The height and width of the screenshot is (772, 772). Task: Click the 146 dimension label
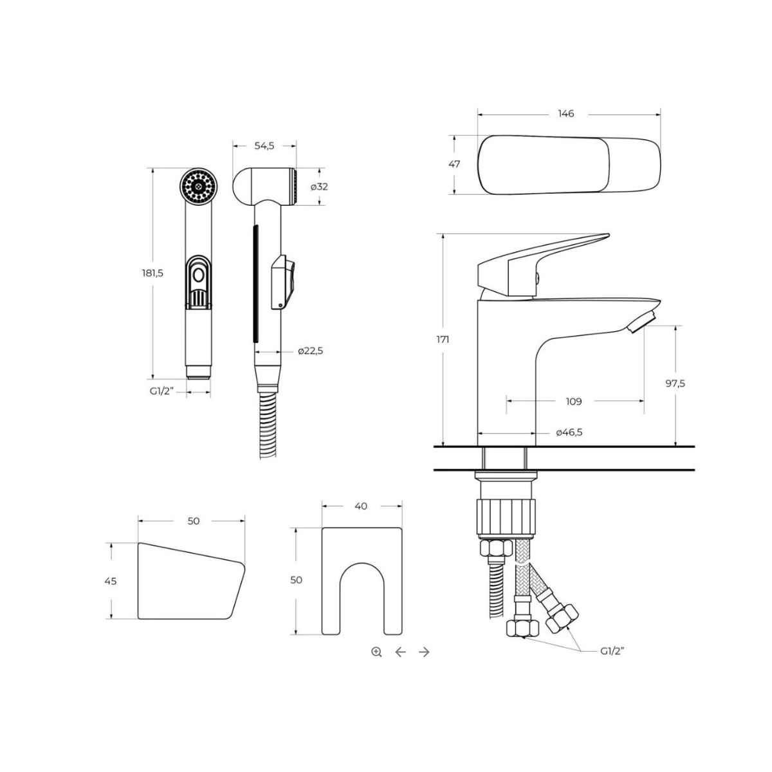click(x=565, y=114)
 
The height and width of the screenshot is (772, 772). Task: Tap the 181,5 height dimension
click(x=152, y=273)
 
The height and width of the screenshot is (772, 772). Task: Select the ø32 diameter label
click(x=319, y=187)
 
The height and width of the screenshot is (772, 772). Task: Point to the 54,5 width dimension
click(x=264, y=146)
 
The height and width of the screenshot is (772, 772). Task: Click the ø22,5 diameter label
click(x=311, y=351)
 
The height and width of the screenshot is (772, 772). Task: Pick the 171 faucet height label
click(x=443, y=340)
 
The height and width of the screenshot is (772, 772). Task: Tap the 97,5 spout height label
click(x=675, y=383)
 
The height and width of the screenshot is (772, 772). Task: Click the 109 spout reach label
click(x=574, y=401)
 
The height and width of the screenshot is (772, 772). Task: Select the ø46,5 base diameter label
click(x=569, y=432)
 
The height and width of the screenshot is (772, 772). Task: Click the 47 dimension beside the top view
click(x=454, y=164)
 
